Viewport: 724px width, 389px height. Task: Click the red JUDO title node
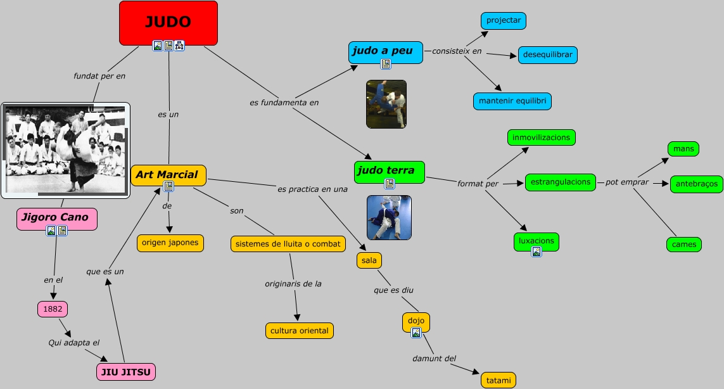tap(168, 22)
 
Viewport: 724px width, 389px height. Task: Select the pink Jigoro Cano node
tap(56, 218)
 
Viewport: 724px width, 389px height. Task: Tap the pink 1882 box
tap(52, 309)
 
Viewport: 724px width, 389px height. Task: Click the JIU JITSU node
tap(126, 372)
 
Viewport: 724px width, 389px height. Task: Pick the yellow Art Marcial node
tap(168, 175)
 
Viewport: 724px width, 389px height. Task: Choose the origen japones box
tap(170, 243)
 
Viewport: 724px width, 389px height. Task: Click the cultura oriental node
tap(299, 331)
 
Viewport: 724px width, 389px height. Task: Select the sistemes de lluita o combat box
tap(288, 244)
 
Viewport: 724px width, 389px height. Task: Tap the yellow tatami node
tap(499, 380)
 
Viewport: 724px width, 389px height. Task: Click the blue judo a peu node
tap(384, 51)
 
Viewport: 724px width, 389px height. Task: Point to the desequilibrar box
tap(547, 55)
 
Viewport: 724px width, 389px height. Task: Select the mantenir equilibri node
tap(512, 101)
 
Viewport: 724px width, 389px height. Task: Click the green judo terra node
tap(388, 171)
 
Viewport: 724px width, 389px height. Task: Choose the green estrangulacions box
tap(561, 182)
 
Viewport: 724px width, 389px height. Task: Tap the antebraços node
tap(696, 184)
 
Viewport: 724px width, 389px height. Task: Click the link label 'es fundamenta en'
tap(284, 101)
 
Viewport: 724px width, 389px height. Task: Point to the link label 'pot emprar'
tap(626, 182)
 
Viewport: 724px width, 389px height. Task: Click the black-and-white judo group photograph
tap(65, 150)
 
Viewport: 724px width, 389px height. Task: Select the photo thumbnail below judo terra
tap(389, 217)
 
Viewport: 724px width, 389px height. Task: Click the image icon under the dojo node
tap(416, 333)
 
